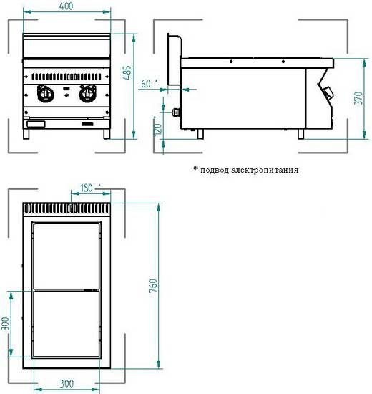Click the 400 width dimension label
[67, 6]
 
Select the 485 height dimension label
[127, 72]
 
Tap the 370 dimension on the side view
[358, 98]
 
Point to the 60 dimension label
[146, 83]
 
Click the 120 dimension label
[158, 129]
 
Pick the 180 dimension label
[86, 188]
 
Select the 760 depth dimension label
[153, 285]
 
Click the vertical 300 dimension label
[5, 324]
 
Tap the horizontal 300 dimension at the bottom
[67, 384]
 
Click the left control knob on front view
[46, 94]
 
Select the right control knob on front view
[87, 94]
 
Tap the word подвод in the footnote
[215, 170]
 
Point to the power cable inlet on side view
[176, 112]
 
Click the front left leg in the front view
[26, 134]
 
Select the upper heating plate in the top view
[67, 256]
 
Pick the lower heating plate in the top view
[67, 324]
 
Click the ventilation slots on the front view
[67, 77]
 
